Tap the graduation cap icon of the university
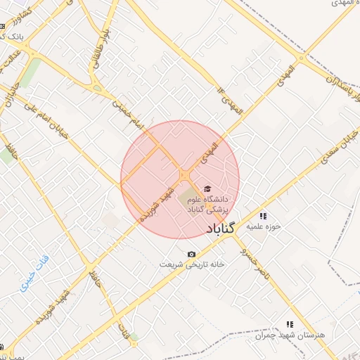point(207,188)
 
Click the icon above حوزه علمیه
point(263,216)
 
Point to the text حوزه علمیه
point(267,226)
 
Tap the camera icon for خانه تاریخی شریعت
point(191,254)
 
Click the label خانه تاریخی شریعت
point(192,264)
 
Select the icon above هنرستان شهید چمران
point(289,324)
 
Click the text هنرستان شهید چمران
point(290,335)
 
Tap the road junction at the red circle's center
point(184,174)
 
